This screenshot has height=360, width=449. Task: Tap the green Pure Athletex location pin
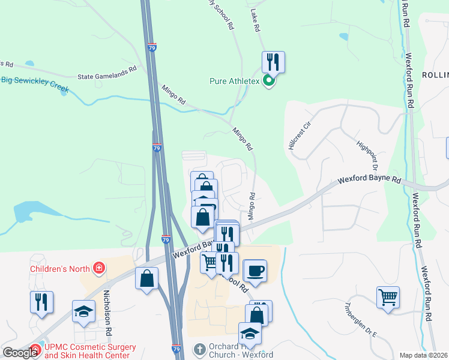coord(269,80)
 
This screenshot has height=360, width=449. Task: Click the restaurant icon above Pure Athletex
coord(273,61)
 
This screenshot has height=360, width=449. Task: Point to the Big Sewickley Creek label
coord(35,84)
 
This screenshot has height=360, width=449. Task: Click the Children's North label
coord(59,268)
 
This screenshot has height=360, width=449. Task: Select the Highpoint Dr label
coord(366,151)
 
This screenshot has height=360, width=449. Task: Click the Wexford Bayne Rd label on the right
coord(369,179)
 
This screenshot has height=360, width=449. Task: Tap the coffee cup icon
coord(255,270)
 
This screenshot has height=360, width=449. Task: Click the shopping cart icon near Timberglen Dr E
coord(388,296)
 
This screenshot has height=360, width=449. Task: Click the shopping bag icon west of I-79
coord(146,278)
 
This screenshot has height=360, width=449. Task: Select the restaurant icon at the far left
coord(41,301)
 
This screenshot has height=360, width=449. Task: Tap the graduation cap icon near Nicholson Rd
coord(83,310)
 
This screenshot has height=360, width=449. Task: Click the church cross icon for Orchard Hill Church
coord(200,349)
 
